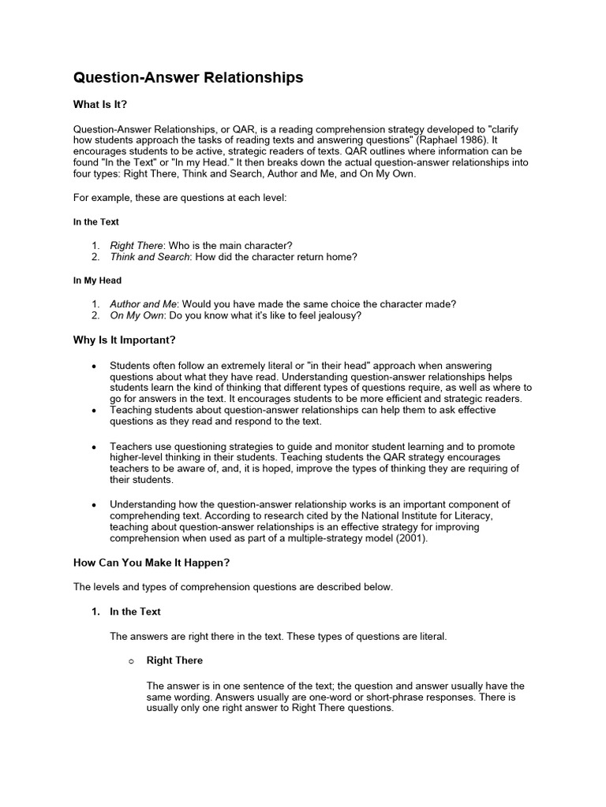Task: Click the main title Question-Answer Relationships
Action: (x=188, y=77)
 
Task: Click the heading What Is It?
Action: (x=99, y=105)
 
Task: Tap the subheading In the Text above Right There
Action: (x=96, y=222)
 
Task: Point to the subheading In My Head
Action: (x=97, y=280)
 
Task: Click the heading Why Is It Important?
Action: (x=124, y=340)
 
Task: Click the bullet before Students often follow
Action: (x=95, y=366)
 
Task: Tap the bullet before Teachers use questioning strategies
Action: (x=95, y=446)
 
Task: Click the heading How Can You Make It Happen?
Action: (x=151, y=563)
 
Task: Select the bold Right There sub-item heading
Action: (x=174, y=660)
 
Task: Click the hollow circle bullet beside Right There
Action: (x=131, y=661)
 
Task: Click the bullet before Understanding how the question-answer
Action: (x=95, y=504)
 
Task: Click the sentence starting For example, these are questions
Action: (x=180, y=198)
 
